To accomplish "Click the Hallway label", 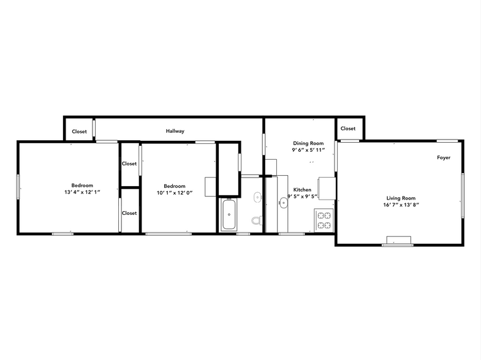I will point(175,131).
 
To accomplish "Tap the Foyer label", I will point(444,158).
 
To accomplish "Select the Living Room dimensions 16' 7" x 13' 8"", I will point(401,206).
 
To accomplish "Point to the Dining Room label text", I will point(308,143).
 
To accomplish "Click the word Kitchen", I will point(303,190).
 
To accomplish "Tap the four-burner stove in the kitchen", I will point(324,220).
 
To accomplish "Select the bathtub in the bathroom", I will point(229,216).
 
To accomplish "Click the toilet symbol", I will point(256,220).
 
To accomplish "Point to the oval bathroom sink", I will point(257,197).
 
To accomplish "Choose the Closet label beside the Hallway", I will point(79,132).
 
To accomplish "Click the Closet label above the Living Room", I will point(348,129).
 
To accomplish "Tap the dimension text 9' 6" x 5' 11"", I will point(308,150).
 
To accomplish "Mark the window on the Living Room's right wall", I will point(463,195).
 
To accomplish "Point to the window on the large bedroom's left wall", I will point(18,187).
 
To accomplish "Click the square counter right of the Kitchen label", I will point(327,186).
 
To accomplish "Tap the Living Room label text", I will point(401,198).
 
